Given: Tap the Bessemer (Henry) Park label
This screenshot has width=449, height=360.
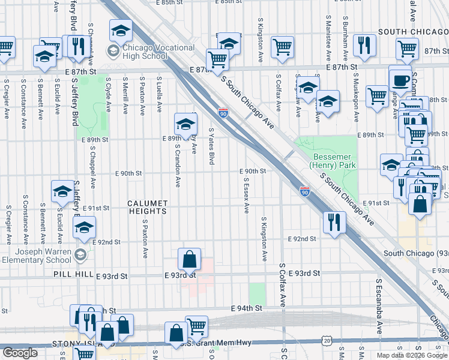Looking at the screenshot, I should coord(327,160).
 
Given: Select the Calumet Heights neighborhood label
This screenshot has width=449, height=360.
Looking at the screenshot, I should coord(147,207).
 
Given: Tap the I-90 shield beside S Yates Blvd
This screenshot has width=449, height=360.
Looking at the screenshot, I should coord(223,113).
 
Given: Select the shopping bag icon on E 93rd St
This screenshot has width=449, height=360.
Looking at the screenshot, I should coord(189,259).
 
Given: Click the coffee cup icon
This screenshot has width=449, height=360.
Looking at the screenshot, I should coord(400,79).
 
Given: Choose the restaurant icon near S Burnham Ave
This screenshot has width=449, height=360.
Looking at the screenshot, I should coord(364,45).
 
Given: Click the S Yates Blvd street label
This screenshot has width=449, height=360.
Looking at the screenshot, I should coord(211,146).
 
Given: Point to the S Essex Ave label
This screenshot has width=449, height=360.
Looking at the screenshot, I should coord(246,194).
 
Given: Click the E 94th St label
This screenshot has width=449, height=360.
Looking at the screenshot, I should coord(247,308).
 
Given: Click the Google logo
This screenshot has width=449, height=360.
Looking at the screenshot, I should coord(20,353).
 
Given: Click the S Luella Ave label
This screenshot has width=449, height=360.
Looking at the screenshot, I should coord(160,94).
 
